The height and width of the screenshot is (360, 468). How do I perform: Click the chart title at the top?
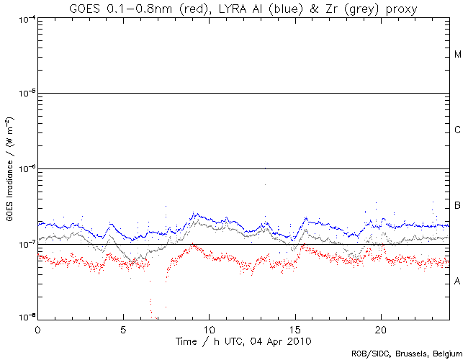point(243,8)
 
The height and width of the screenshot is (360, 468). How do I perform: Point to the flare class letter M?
point(458,55)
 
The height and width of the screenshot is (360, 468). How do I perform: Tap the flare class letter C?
point(458,130)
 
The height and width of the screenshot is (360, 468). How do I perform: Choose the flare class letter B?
point(458,207)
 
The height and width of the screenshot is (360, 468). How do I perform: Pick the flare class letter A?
point(458,282)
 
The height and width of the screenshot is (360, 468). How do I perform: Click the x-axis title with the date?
point(244,341)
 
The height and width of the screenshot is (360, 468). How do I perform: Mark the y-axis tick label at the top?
point(24,18)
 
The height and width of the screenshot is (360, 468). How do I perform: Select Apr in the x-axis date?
point(277,341)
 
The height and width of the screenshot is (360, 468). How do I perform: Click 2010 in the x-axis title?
point(300,341)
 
